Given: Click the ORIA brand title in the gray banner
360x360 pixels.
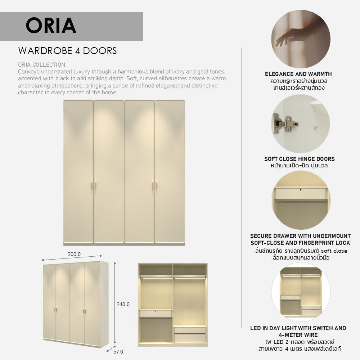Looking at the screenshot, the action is coord(51,26).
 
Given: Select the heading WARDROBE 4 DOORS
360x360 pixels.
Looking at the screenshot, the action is coord(68,51).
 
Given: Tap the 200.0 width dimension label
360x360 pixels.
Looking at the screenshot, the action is coord(74,254).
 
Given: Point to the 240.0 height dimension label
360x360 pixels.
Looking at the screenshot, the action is coord(123,304).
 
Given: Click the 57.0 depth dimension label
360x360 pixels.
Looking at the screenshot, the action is coord(118,352).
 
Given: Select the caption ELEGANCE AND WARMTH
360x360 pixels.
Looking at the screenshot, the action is coord(298,74).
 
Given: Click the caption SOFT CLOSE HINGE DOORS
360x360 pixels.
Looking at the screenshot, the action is coord(300,159).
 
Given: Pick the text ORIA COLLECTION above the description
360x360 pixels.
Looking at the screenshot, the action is coord(41,64).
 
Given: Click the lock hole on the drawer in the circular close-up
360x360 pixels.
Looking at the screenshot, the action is coord(301,190).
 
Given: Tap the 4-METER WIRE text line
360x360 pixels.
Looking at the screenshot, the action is coord(298,335).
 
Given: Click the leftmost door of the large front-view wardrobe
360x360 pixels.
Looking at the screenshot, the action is coord(78,172).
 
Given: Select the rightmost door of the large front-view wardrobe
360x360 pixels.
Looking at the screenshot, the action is coord(170,172).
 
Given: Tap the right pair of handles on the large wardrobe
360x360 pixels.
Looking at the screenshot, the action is coord(155,186).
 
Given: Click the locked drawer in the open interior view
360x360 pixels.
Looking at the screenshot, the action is coord(156,313).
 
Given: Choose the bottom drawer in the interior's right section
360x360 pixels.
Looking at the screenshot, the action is coord(190,338).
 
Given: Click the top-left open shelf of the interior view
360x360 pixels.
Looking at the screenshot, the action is coord(156,269).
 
